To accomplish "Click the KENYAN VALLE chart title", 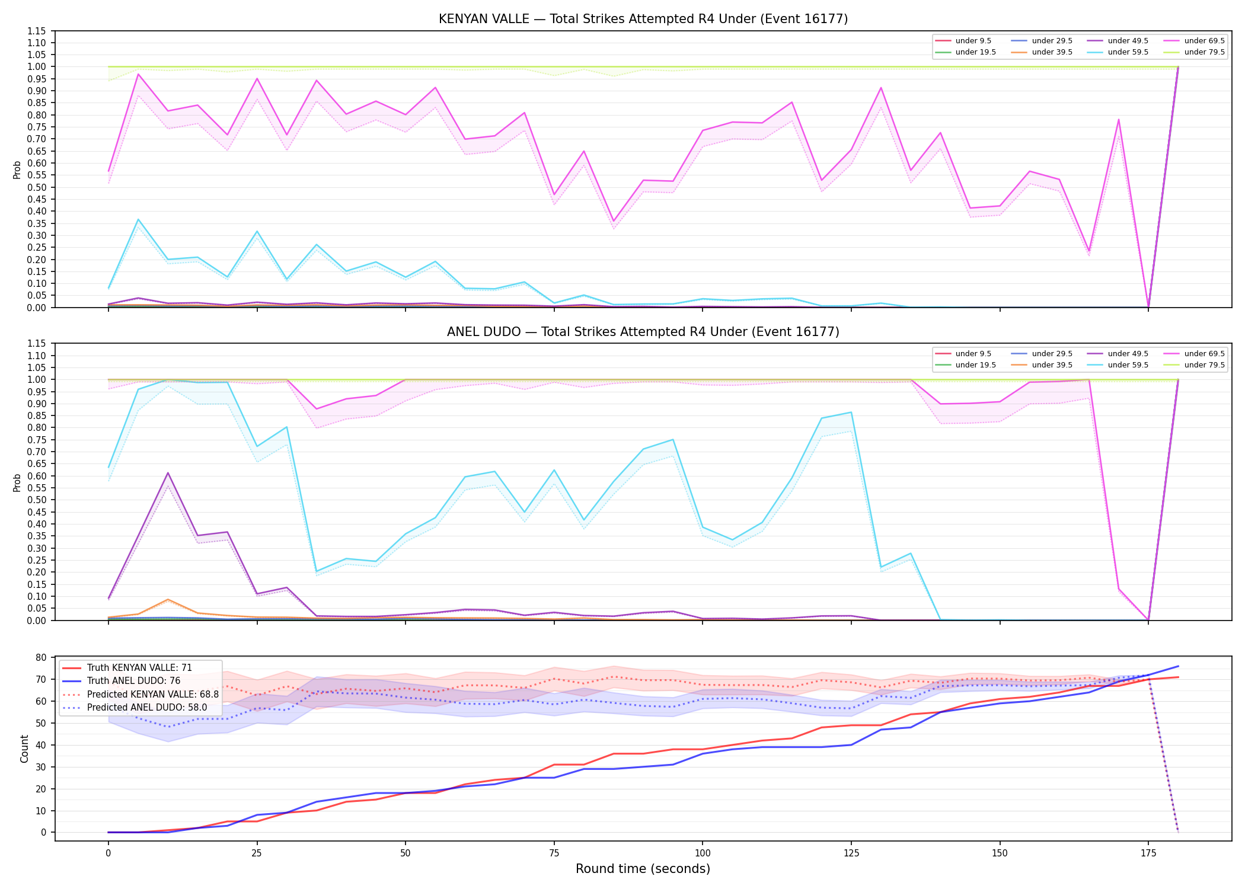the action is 643,19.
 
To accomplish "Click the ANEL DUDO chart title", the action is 643,332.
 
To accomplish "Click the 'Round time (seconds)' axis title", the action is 643,869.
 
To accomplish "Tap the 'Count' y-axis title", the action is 24,749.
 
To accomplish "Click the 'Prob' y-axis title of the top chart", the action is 17,170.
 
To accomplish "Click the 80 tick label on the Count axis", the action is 41,658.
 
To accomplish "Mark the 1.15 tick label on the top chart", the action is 36,31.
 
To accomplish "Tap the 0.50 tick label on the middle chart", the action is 36,500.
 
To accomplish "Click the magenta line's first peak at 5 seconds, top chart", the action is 138,74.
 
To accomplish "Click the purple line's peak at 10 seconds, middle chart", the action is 168,473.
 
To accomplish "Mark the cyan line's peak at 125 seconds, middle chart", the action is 851,412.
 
